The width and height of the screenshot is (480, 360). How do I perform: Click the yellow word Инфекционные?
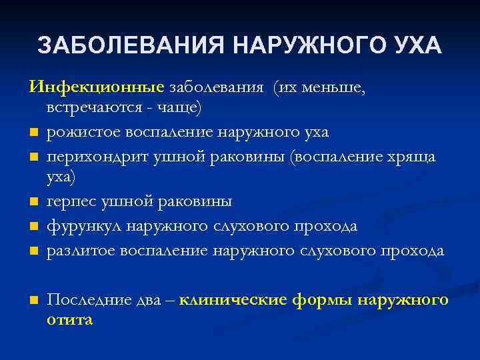[96, 88]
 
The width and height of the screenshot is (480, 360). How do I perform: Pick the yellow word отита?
[70, 320]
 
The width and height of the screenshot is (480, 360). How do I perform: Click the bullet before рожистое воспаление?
[32, 133]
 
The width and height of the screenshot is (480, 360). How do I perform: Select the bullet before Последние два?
[32, 301]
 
